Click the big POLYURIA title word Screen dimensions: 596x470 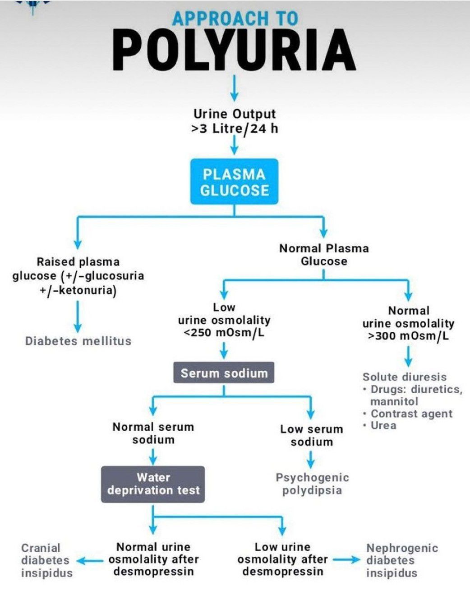tap(234, 50)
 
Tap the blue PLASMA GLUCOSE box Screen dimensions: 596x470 tap(234, 182)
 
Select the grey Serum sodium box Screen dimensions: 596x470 tap(224, 373)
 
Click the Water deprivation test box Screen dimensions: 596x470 tap(153, 484)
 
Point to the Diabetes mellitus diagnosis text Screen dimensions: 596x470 tap(78, 341)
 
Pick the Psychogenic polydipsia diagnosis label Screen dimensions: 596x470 tap(312, 484)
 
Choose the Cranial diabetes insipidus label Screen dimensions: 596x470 tap(46, 560)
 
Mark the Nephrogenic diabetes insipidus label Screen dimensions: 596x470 tap(401, 560)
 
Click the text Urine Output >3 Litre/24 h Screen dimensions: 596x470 tap(234, 121)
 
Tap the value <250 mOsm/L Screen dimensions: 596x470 tap(224, 333)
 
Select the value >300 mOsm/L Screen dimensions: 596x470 tap(408, 336)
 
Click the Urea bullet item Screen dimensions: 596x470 tap(383, 425)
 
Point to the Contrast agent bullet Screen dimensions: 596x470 tap(411, 414)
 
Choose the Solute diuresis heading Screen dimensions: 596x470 tap(404, 377)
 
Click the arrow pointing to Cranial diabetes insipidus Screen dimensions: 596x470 tap(90, 561)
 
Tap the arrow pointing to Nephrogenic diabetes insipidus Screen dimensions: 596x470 tap(347, 560)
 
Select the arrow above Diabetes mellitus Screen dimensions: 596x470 tap(78, 316)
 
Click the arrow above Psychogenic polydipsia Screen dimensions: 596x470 tap(311, 459)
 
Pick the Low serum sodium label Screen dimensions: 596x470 tap(311, 435)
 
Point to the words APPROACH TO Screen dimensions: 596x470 tap(235, 19)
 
